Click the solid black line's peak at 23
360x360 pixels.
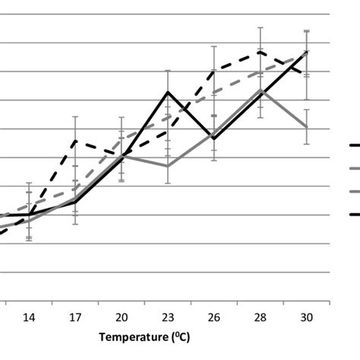coord(168,92)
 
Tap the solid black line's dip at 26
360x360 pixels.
coord(214,138)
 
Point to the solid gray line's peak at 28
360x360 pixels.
coord(261,90)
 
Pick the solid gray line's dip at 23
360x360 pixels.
coord(168,166)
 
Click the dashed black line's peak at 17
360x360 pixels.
coord(75,141)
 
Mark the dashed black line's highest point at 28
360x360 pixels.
coord(261,52)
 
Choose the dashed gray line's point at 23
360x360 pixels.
coord(168,118)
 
